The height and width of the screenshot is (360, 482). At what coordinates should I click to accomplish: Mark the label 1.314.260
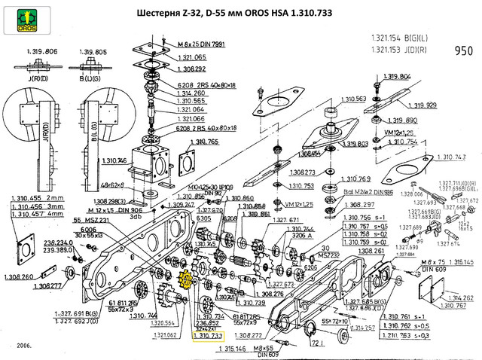(191, 93)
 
